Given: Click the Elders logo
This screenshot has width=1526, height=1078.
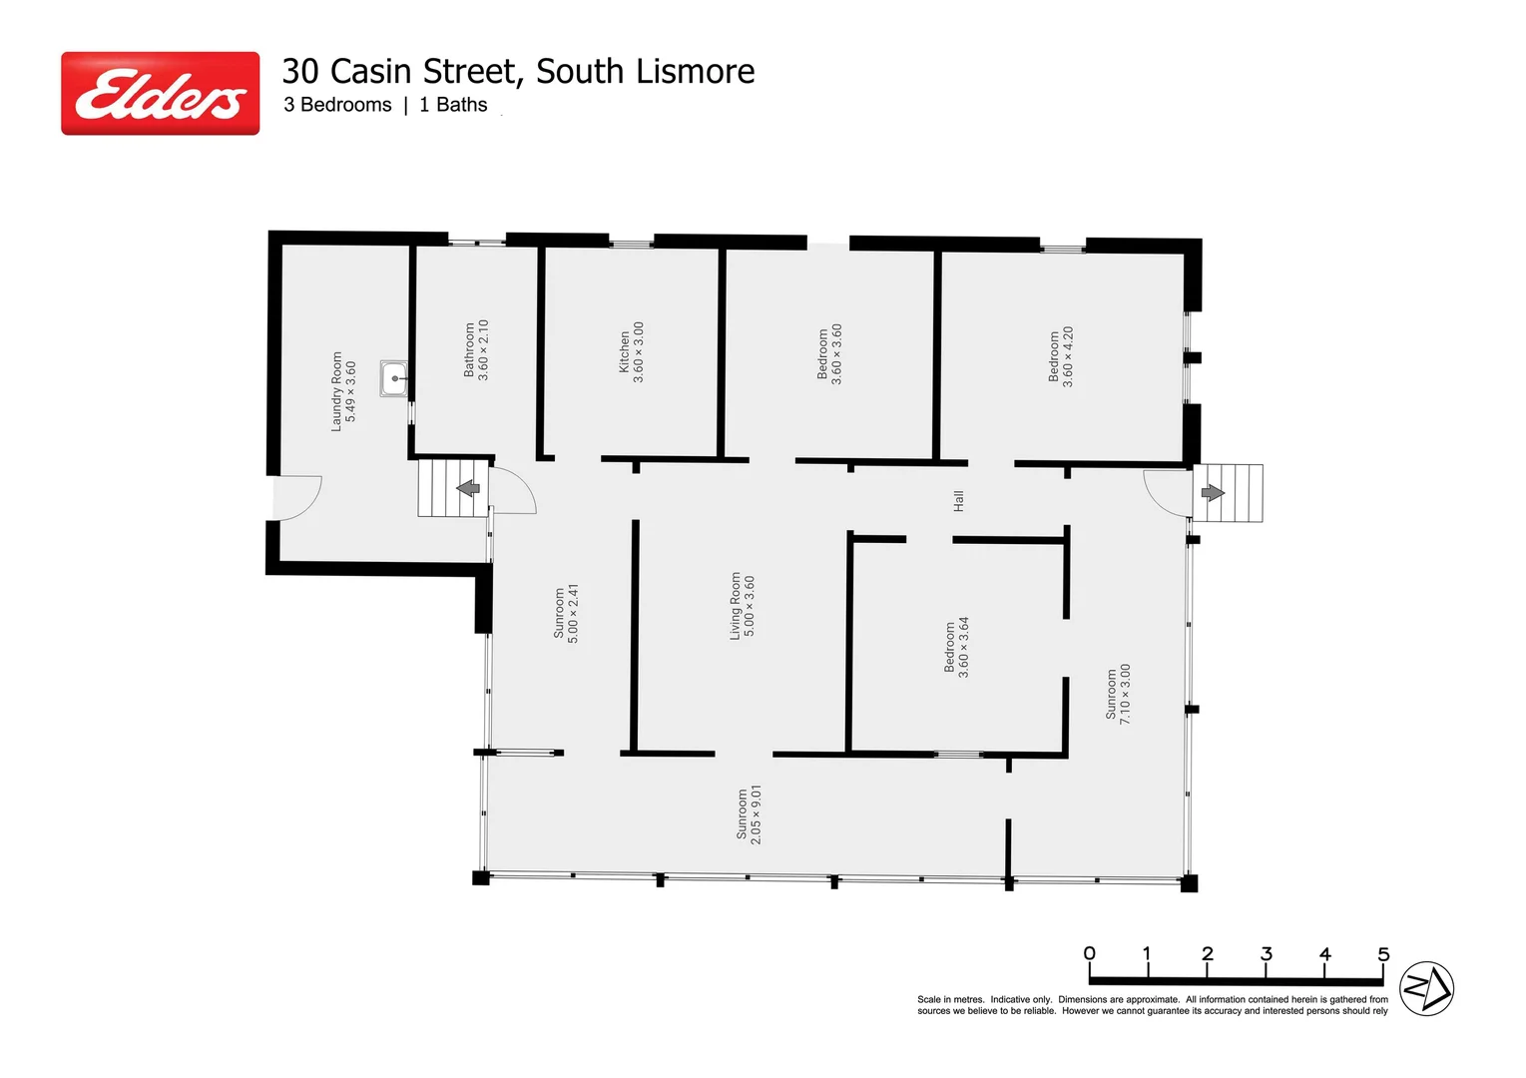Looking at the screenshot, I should pyautogui.click(x=160, y=94).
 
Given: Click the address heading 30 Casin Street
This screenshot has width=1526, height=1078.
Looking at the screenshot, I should pyautogui.click(x=517, y=72).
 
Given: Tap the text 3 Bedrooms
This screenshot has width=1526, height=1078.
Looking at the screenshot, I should pyautogui.click(x=337, y=105).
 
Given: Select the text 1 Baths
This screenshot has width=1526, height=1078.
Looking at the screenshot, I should pyautogui.click(x=453, y=105).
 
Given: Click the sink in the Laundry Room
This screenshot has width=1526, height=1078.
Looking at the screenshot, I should pyautogui.click(x=394, y=379).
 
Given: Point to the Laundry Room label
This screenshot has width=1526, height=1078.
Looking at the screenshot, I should pyautogui.click(x=343, y=391).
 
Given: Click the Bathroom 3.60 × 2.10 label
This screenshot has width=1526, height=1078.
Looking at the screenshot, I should pyautogui.click(x=476, y=349).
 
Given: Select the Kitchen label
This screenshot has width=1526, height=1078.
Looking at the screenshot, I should pyautogui.click(x=632, y=352).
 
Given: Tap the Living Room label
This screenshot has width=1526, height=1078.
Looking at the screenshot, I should pyautogui.click(x=743, y=606).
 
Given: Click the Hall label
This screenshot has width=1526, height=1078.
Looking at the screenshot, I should pyautogui.click(x=959, y=501).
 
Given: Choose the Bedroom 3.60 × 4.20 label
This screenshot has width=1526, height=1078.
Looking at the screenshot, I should pyautogui.click(x=1061, y=356).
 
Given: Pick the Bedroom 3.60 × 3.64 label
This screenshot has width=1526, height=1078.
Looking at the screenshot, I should pyautogui.click(x=957, y=647).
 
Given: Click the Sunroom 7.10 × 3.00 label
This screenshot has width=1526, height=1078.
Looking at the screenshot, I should pyautogui.click(x=1118, y=694).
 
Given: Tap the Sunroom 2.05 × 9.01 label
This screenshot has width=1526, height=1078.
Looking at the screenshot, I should pyautogui.click(x=749, y=814).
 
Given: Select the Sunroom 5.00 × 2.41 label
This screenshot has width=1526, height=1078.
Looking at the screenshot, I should pyautogui.click(x=566, y=613).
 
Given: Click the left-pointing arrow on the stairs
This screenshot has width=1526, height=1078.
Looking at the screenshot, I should pyautogui.click(x=467, y=488).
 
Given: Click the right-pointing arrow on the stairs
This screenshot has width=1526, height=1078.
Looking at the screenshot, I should pyautogui.click(x=1213, y=492).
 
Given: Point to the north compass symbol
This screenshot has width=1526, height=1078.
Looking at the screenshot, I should pyautogui.click(x=1426, y=989).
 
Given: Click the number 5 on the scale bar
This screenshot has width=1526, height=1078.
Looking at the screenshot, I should pyautogui.click(x=1383, y=954).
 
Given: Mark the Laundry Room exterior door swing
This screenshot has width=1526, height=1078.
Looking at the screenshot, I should pyautogui.click(x=298, y=496).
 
